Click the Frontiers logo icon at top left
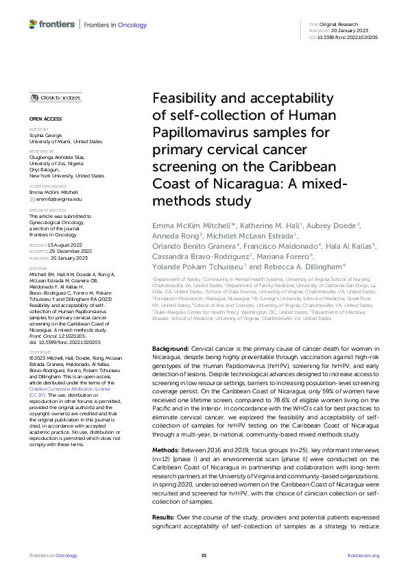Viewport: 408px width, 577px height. click(33, 25)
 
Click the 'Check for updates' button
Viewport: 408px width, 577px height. click(56, 98)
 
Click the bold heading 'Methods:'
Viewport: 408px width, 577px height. click(166, 443)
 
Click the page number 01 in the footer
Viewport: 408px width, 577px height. click(204, 555)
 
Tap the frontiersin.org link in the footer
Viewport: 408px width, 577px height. click(363, 555)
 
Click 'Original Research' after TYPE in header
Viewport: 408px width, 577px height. click(341, 24)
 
